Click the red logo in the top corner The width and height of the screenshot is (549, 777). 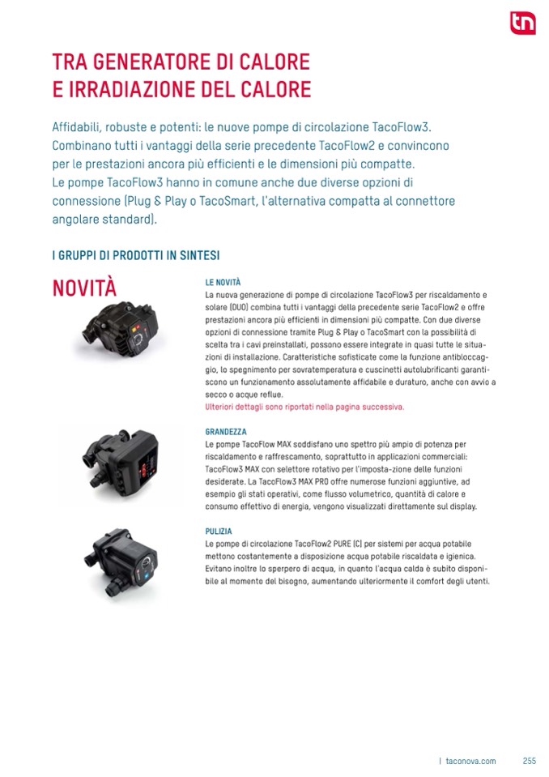click(522, 24)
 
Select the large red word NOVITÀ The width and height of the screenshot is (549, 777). click(84, 288)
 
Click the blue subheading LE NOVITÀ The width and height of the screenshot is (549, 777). click(223, 283)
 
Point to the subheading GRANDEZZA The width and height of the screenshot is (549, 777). click(226, 433)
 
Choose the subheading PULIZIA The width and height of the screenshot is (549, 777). click(219, 532)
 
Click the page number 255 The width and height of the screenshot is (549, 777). click(530, 761)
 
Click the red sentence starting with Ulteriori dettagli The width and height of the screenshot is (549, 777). click(304, 407)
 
